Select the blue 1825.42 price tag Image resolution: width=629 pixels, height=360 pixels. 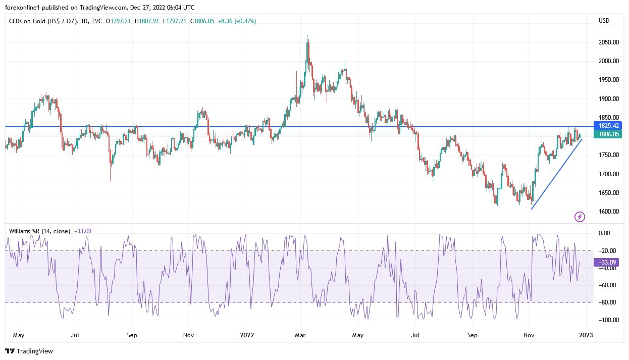coord(609,125)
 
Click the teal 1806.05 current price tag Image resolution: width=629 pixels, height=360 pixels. coord(609,134)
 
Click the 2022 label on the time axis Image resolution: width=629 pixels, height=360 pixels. coord(247,335)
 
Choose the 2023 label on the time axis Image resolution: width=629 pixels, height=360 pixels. coord(586,335)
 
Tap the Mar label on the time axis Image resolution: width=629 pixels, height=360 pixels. coord(301,335)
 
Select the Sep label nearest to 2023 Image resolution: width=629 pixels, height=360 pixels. coord(472,335)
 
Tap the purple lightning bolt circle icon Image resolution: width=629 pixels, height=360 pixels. coord(580,217)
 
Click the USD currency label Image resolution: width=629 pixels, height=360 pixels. coord(604,21)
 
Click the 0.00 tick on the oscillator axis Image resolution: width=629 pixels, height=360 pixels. coord(604,233)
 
